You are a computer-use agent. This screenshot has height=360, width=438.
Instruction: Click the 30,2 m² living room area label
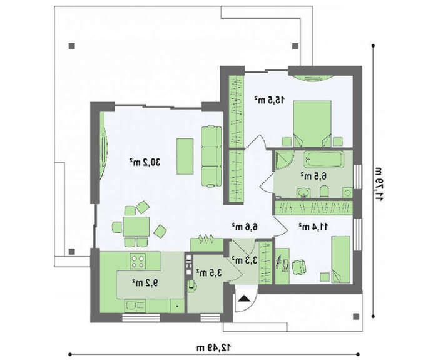pyautogui.click(x=145, y=162)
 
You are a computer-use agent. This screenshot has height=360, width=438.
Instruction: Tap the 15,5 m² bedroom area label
pyautogui.click(x=269, y=100)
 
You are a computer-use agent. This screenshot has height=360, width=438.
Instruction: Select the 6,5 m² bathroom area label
pyautogui.click(x=313, y=177)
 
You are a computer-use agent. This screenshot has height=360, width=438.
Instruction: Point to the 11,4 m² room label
pyautogui.click(x=313, y=227)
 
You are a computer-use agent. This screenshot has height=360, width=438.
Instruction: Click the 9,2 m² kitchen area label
pyautogui.click(x=145, y=283)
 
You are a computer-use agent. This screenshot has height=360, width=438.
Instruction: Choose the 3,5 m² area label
pyautogui.click(x=208, y=272)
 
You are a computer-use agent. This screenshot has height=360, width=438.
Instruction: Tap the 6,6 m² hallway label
pyautogui.click(x=245, y=227)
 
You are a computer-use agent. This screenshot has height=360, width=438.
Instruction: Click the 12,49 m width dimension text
pyautogui.click(x=214, y=347)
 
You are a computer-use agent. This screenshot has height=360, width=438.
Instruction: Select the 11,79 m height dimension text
pyautogui.click(x=379, y=184)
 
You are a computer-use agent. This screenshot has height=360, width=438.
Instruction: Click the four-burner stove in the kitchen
pyautogui.click(x=138, y=261)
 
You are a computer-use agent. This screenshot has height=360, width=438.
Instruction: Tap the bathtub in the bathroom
pyautogui.click(x=323, y=159)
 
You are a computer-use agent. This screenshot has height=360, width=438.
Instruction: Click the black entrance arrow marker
pyautogui.click(x=245, y=299)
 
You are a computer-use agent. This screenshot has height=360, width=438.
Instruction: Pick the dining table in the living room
pyautogui.click(x=136, y=227)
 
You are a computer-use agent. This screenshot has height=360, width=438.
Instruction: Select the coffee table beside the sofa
pyautogui.click(x=185, y=157)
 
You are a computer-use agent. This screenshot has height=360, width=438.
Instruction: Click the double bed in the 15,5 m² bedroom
pyautogui.click(x=312, y=124)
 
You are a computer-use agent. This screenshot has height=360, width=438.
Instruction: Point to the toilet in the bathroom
pyautogui.click(x=324, y=192)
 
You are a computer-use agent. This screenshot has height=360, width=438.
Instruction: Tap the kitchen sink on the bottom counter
pyautogui.click(x=135, y=306)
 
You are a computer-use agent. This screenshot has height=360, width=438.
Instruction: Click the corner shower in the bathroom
pyautogui.click(x=283, y=160)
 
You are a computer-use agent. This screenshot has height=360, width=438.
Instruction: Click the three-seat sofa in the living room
pyautogui.click(x=211, y=157)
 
